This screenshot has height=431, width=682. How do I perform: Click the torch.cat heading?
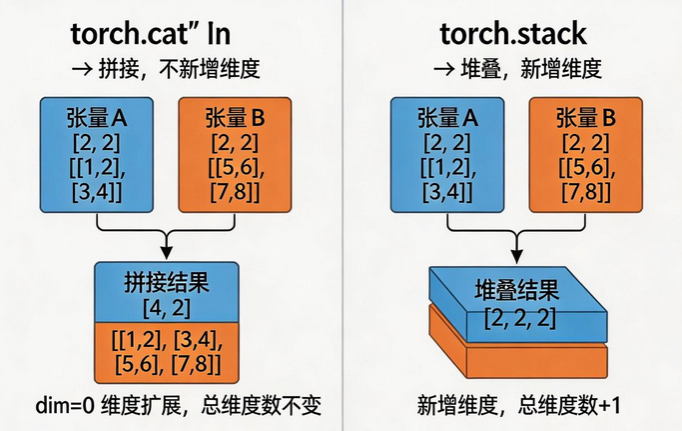pyautogui.click(x=150, y=34)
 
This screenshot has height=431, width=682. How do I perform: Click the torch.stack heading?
pyautogui.click(x=513, y=34)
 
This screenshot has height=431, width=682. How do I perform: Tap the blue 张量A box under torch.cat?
pyautogui.click(x=97, y=155)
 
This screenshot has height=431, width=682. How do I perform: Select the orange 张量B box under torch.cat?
pyautogui.click(x=235, y=155)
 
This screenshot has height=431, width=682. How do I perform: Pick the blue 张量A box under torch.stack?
pyautogui.click(x=447, y=155)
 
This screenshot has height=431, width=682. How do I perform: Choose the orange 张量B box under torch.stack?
pyautogui.click(x=585, y=155)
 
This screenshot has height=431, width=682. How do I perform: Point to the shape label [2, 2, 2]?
pyautogui.click(x=520, y=319)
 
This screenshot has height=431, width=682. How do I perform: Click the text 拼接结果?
pyautogui.click(x=167, y=282)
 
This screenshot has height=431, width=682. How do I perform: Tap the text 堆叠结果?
pyautogui.click(x=516, y=290)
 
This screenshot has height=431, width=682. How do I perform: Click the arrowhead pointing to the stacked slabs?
pyautogui.click(x=516, y=256)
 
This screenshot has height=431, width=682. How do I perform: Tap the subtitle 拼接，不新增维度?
pyautogui.click(x=179, y=69)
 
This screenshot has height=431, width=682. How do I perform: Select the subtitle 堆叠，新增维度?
pyautogui.click(x=530, y=69)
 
